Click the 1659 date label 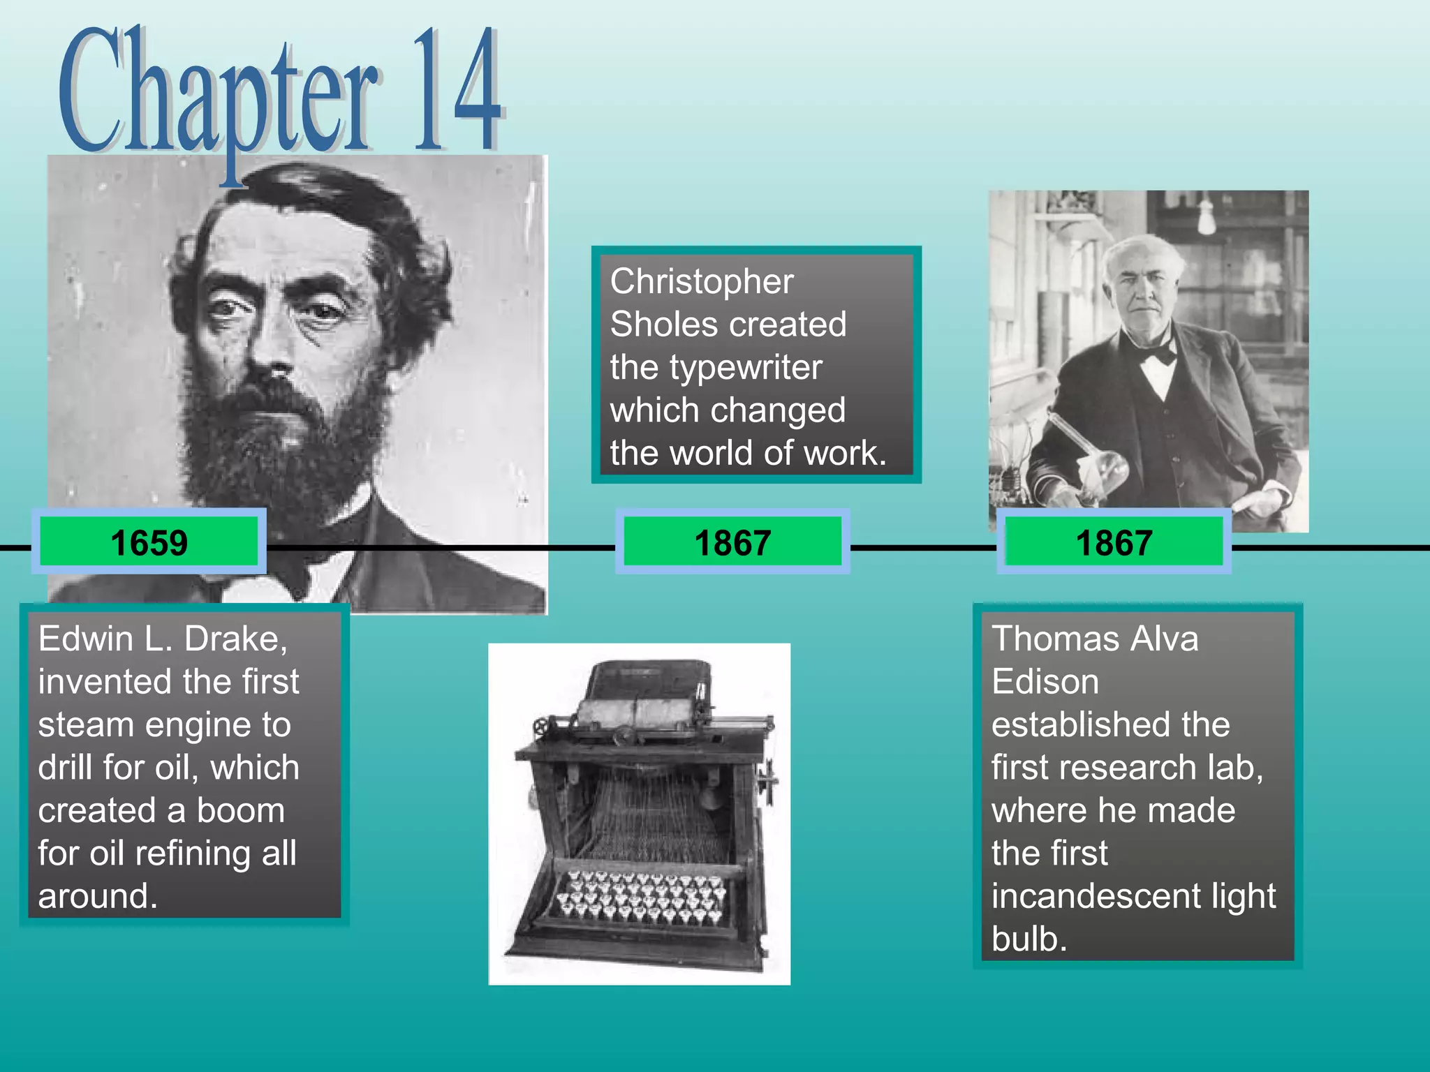point(149,542)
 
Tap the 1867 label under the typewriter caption point(732,542)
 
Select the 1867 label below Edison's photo point(1114,542)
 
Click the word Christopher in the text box point(701,281)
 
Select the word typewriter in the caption point(746,368)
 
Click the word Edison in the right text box point(1045,682)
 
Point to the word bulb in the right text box point(1029,939)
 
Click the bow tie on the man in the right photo point(1156,353)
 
